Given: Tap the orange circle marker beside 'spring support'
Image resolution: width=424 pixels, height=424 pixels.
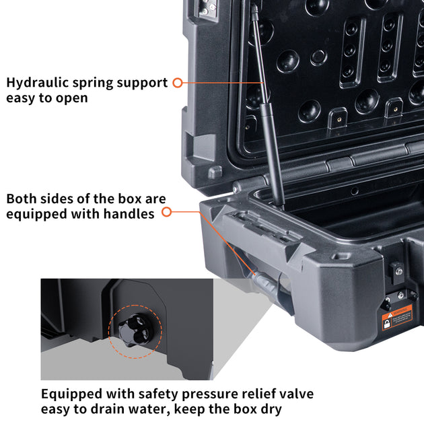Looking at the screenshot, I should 178,83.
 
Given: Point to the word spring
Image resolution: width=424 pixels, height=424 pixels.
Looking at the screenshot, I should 94,83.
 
